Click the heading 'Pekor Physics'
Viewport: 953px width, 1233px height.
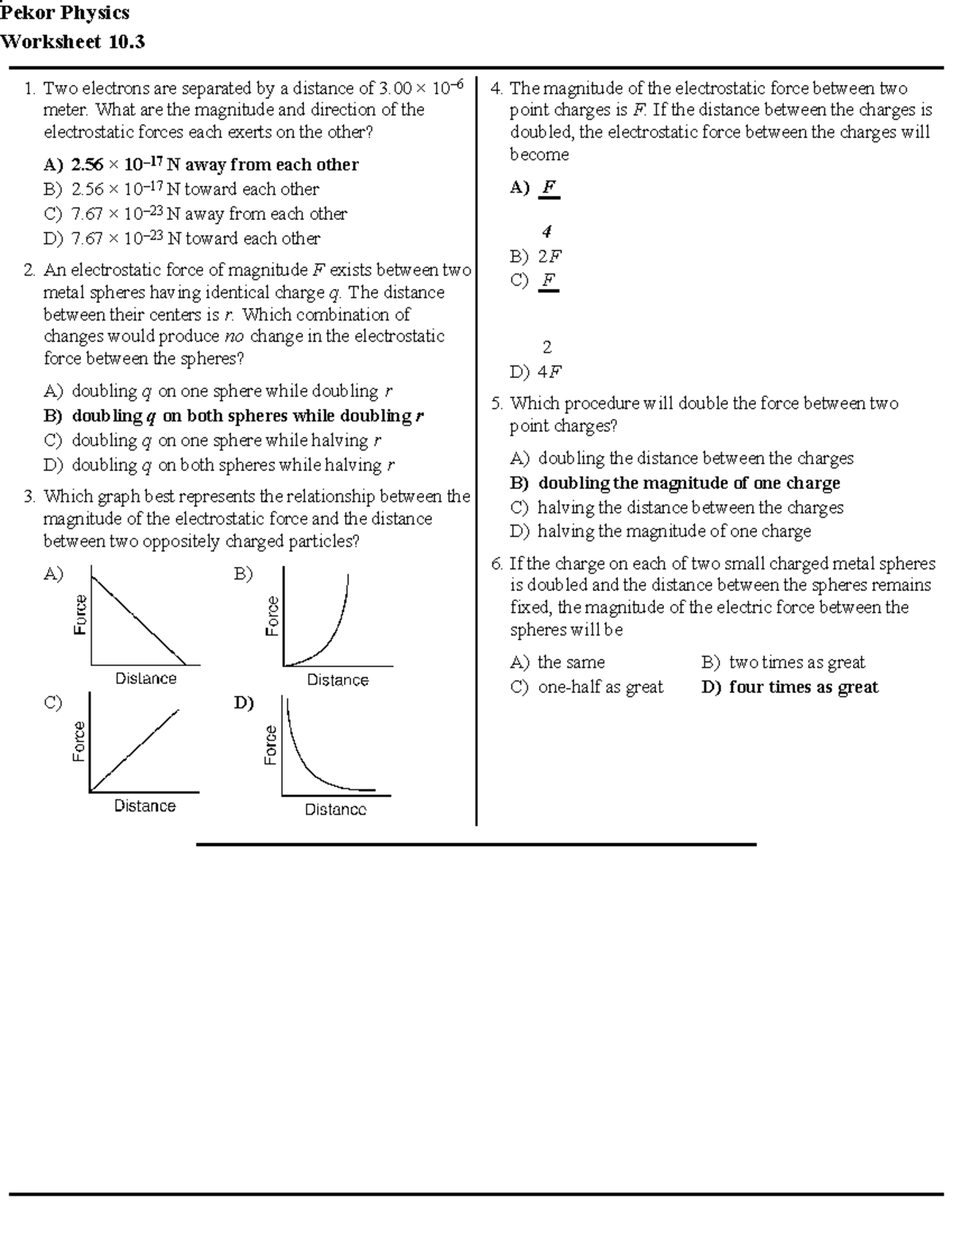65,13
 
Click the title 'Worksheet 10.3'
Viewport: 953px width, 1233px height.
73,42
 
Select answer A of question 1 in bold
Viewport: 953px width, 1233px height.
200,164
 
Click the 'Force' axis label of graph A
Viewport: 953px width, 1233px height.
79,614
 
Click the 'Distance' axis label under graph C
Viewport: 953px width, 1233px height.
145,806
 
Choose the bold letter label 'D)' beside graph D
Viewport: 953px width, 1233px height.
244,703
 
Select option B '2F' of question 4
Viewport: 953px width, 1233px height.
537,256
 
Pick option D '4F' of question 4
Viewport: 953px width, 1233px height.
537,372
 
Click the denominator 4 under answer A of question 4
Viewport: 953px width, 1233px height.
546,232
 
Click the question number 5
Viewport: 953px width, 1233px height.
496,403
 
